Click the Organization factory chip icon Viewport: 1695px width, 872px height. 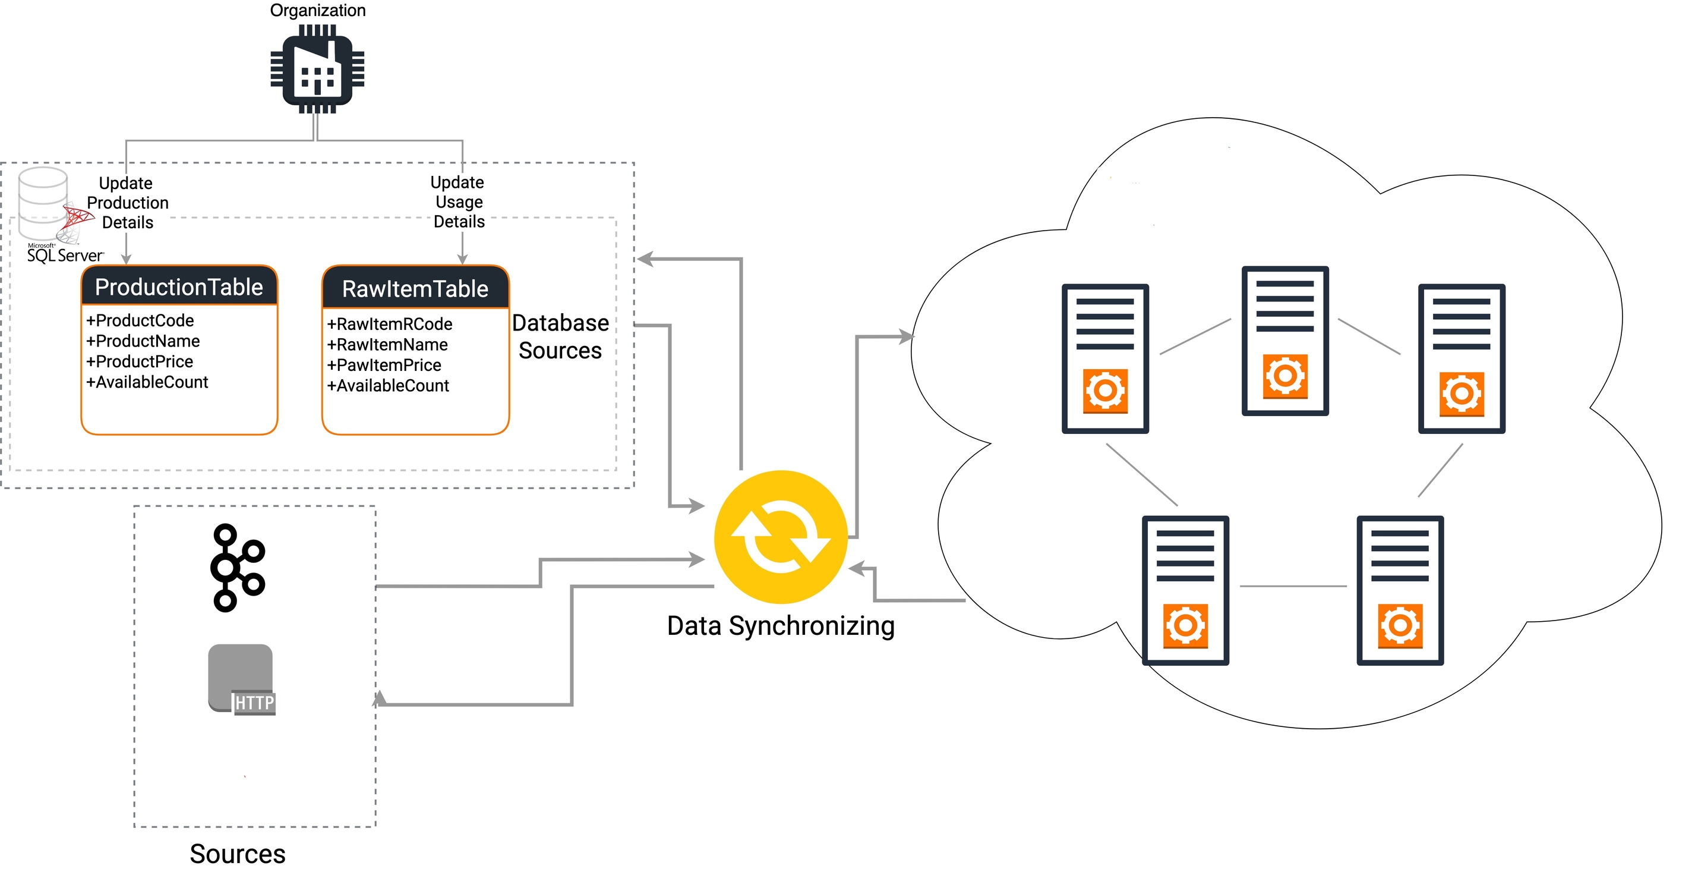(318, 69)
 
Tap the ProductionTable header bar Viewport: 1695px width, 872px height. (179, 287)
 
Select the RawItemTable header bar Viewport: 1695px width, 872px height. (415, 288)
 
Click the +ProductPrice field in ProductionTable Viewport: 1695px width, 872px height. (140, 361)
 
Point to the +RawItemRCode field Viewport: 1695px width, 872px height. (390, 324)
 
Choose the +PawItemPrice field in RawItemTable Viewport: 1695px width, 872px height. (384, 364)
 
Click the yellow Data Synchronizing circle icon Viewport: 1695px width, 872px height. (781, 537)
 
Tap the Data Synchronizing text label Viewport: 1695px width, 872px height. (781, 626)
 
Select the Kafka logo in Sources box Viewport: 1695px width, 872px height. (237, 567)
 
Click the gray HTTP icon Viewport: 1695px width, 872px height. (241, 679)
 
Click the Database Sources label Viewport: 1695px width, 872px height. (560, 336)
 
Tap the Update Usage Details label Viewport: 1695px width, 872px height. (459, 202)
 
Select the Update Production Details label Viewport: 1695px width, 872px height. (127, 203)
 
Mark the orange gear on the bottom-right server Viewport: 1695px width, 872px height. (1400, 625)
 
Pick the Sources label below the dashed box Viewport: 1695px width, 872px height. (238, 854)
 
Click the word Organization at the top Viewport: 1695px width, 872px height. (318, 10)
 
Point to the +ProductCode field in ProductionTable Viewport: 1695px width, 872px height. (140, 320)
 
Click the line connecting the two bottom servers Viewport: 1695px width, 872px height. (1293, 585)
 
